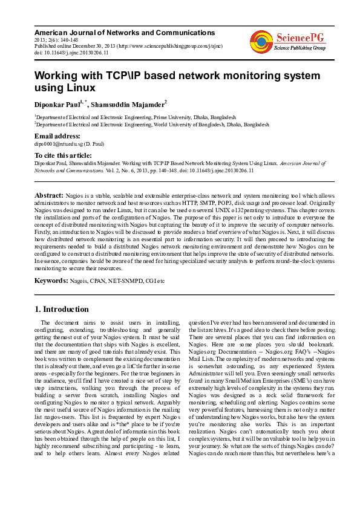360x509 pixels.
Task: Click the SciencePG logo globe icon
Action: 261,41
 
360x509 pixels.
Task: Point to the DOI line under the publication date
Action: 71,53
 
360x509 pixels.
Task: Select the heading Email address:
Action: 57,137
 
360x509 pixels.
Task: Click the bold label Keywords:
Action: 51,280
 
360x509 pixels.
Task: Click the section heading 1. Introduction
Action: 63,309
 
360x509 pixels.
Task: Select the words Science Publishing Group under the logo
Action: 300,47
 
